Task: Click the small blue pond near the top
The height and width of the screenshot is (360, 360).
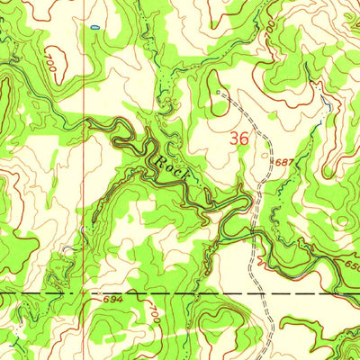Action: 94,29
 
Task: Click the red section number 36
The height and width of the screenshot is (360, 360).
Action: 238,139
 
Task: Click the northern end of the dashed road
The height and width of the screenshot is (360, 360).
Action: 218,92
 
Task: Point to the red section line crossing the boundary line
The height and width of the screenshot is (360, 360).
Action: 86,293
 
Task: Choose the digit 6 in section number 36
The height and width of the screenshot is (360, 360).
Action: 244,139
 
